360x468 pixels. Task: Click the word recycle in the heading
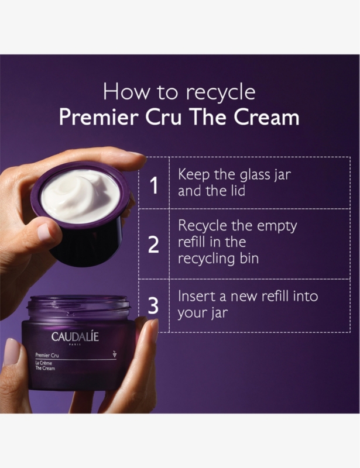(221, 93)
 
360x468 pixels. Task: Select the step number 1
(154, 185)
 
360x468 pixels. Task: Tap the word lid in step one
(238, 191)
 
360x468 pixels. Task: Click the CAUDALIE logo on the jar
(75, 337)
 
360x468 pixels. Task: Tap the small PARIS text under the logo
(75, 345)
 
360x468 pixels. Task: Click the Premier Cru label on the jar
(47, 355)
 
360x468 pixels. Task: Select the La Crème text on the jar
(44, 363)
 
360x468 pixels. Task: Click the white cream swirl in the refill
(80, 195)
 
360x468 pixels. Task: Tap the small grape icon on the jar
(114, 354)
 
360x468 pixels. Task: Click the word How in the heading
(126, 92)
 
